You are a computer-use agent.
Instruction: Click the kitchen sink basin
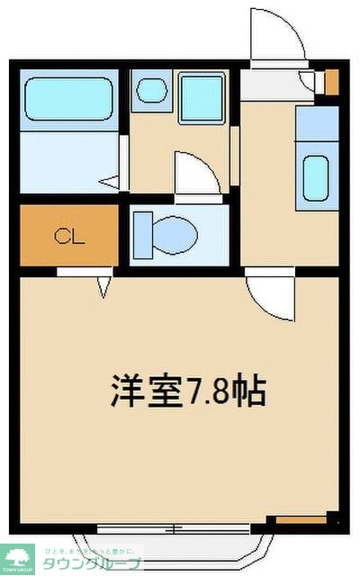[x=316, y=178]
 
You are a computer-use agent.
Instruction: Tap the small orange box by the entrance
[x=331, y=82]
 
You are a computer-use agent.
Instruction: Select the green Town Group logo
[x=18, y=559]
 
